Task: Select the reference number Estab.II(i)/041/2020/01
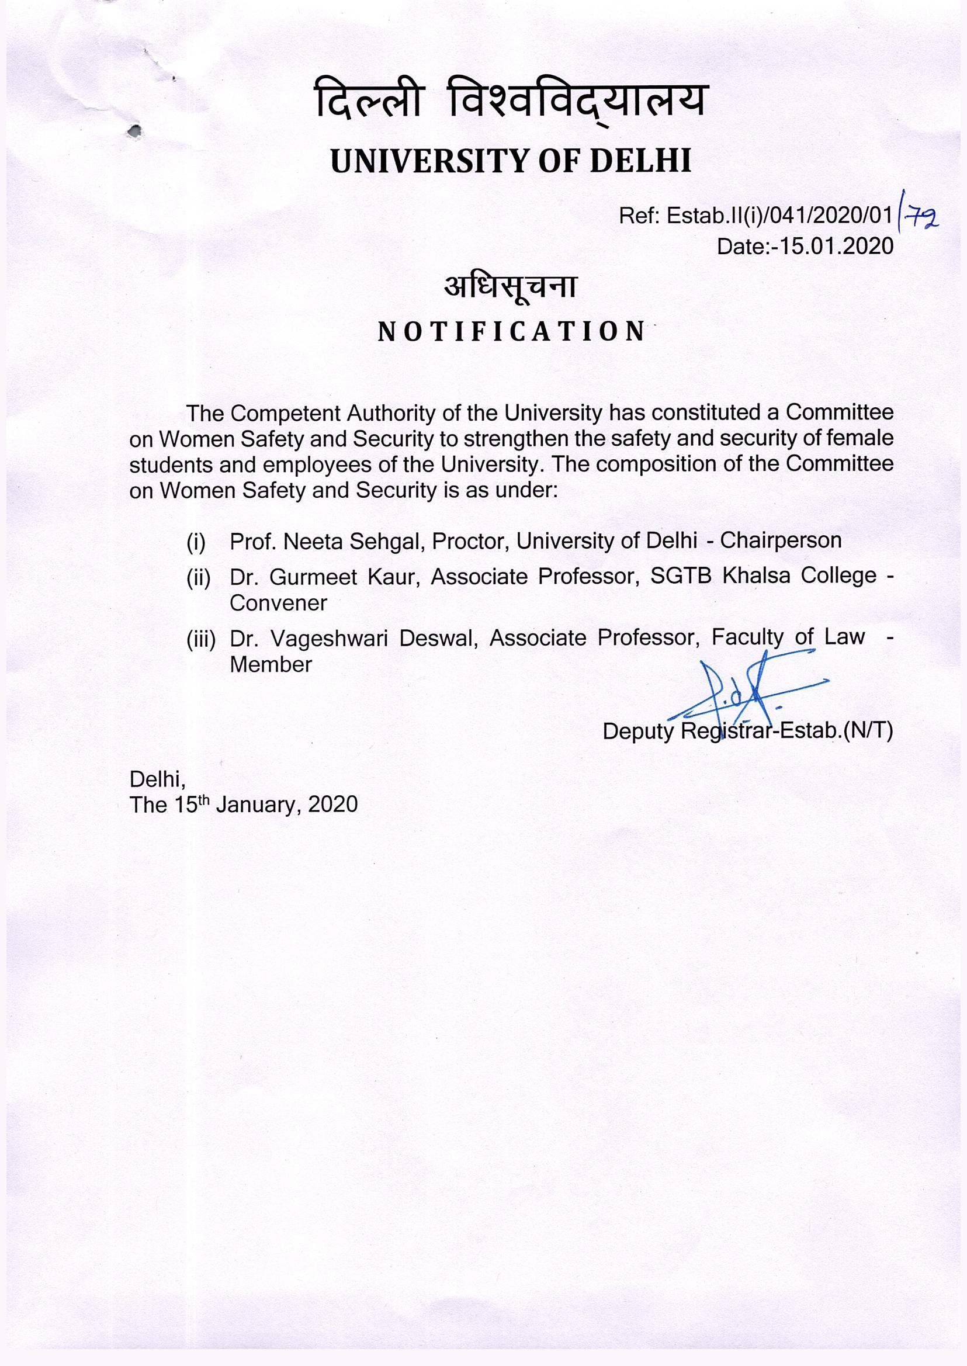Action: click(779, 216)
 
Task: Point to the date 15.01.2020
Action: click(838, 246)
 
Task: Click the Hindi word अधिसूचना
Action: click(510, 287)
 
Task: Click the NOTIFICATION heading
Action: click(511, 331)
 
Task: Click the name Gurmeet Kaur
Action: click(341, 577)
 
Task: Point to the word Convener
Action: click(278, 603)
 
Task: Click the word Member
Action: click(271, 664)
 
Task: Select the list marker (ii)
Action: click(198, 578)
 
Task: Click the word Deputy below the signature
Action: click(637, 731)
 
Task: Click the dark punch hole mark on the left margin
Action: click(136, 130)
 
